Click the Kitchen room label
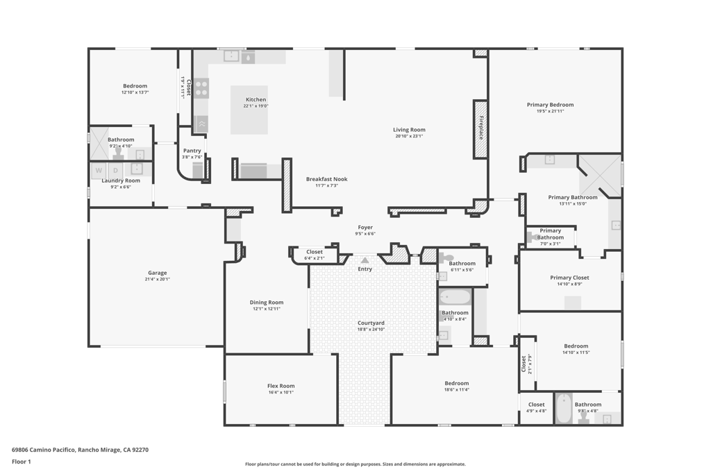256,100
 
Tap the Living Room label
409,130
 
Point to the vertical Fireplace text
480,128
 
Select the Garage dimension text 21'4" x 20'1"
158,279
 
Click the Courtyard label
371,323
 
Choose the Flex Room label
281,386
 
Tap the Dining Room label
267,303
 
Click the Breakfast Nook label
326,179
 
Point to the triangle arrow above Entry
365,260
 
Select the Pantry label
192,151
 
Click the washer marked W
99,170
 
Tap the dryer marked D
116,170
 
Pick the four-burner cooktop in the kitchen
201,88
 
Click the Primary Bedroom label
550,105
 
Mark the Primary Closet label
569,278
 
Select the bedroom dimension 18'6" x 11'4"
457,389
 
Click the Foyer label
365,228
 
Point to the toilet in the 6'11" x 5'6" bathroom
446,258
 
